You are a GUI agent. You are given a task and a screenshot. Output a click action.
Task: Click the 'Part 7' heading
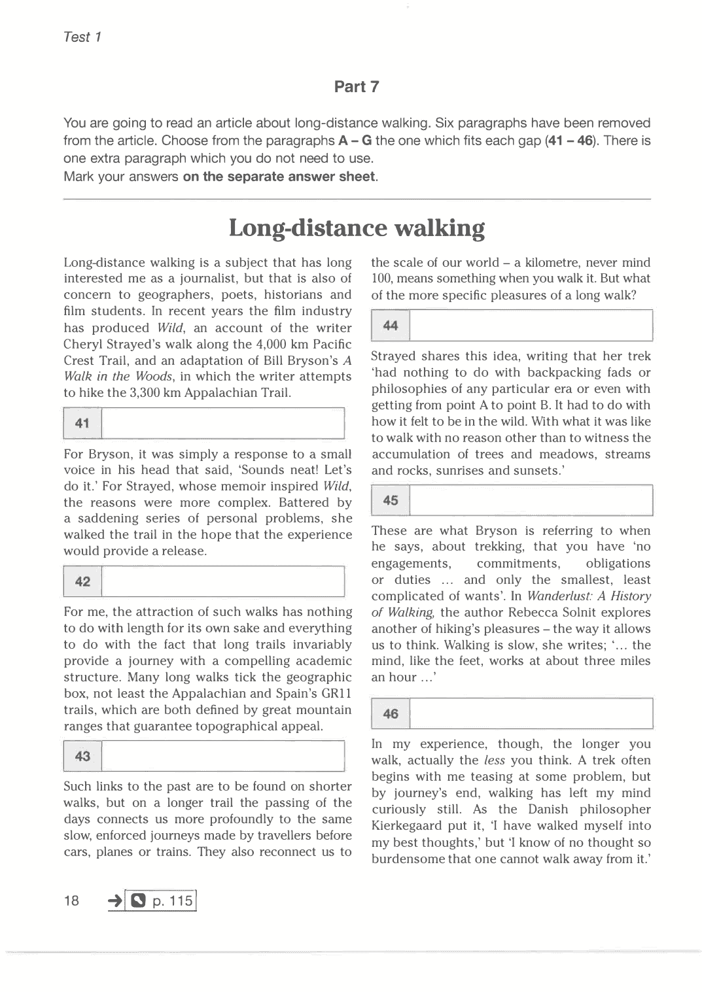point(357,87)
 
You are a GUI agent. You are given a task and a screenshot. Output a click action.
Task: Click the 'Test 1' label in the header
point(82,37)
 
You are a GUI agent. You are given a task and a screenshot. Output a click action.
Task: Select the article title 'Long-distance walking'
point(357,228)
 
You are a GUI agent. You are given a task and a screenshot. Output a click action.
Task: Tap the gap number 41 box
point(82,424)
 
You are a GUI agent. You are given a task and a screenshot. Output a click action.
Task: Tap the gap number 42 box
point(82,582)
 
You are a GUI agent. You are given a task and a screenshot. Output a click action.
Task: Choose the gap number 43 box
point(82,757)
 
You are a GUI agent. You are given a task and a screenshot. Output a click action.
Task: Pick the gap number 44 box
point(391,326)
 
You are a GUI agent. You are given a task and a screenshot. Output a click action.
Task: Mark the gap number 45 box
point(391,501)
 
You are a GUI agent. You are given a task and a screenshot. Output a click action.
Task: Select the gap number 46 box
point(391,714)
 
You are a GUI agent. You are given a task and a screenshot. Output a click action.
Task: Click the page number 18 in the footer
point(71,901)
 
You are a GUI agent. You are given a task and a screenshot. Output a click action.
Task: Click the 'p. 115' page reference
point(172,901)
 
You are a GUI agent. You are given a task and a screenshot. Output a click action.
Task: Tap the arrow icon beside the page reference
point(115,901)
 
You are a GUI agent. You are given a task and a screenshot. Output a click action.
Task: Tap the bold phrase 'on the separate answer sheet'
point(279,177)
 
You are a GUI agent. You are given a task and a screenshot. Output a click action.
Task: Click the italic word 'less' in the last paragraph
point(494,761)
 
